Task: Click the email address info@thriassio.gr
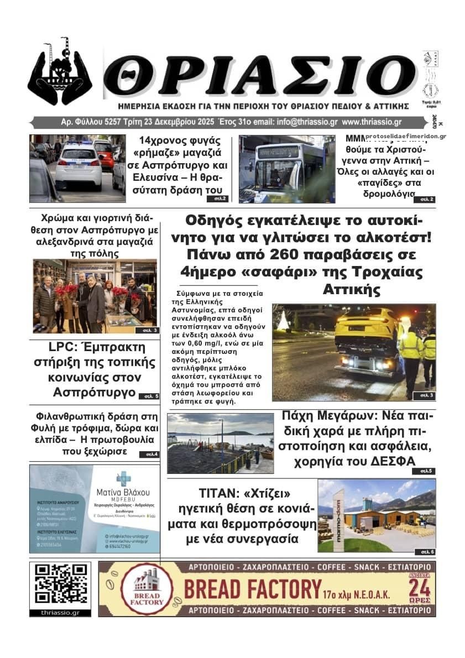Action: click(296, 122)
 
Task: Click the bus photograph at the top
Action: click(286, 169)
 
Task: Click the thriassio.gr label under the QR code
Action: click(60, 613)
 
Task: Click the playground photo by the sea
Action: click(220, 443)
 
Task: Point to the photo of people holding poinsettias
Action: click(95, 296)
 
